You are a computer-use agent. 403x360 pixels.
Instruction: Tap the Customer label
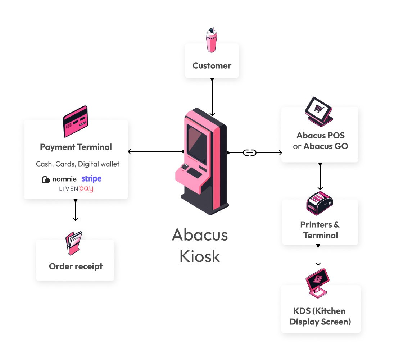click(x=212, y=66)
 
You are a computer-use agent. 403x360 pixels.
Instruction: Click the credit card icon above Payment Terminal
click(x=75, y=122)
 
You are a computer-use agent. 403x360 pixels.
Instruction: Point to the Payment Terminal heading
click(x=76, y=147)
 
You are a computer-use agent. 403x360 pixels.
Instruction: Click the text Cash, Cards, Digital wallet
click(x=78, y=164)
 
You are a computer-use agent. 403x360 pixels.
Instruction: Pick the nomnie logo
click(x=59, y=179)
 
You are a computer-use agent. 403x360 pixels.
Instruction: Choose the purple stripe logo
click(x=91, y=179)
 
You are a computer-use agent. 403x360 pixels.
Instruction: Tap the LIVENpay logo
click(x=76, y=189)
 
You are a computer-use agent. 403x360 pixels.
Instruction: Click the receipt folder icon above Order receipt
click(x=74, y=243)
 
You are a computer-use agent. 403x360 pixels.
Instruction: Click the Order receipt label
click(x=76, y=266)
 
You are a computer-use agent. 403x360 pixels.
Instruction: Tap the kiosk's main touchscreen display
click(x=197, y=142)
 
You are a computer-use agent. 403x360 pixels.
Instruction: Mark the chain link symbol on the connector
click(x=250, y=152)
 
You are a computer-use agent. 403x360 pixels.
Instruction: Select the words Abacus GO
click(x=326, y=146)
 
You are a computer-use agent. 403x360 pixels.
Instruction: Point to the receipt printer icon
click(x=319, y=204)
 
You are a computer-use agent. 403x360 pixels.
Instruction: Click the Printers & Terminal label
click(x=320, y=230)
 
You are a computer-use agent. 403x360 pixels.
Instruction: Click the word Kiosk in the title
click(x=200, y=256)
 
